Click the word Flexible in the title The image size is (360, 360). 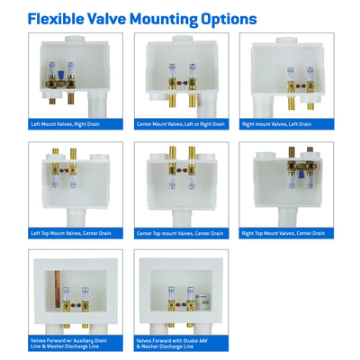[56, 19]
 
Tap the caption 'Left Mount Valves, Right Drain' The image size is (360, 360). [66, 124]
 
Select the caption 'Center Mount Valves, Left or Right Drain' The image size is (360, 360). [181, 124]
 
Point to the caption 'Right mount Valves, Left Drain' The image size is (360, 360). [276, 124]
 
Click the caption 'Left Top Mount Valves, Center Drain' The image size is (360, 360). [71, 233]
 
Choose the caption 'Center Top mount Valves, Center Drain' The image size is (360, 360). [180, 233]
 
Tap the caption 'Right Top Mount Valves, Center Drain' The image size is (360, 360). [283, 233]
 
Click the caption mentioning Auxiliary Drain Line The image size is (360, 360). [68, 344]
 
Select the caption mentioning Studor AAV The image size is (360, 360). [172, 344]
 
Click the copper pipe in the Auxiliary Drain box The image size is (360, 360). [58, 289]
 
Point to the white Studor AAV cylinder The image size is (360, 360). [202, 301]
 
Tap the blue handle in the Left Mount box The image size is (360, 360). [61, 76]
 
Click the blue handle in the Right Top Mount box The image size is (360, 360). [301, 174]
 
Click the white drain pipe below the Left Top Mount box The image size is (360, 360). [76, 218]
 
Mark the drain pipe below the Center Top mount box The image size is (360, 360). [182, 218]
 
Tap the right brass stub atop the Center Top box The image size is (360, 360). [192, 153]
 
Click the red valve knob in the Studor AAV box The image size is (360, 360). [179, 305]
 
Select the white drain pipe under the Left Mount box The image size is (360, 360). [97, 104]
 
